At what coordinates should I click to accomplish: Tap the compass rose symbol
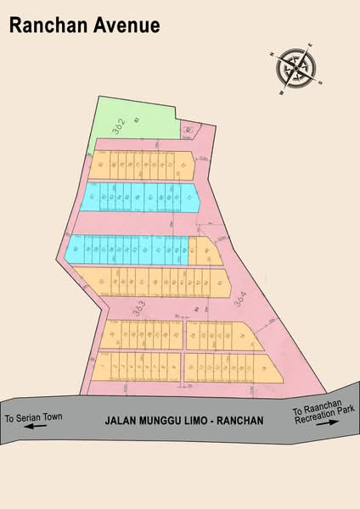pos(296,67)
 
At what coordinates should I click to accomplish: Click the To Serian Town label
pos(34,418)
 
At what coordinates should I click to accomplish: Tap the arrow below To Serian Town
pos(33,428)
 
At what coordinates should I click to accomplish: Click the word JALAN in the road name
pos(122,420)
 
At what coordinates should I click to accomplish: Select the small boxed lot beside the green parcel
pos(188,130)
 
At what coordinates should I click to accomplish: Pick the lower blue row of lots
pos(127,249)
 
